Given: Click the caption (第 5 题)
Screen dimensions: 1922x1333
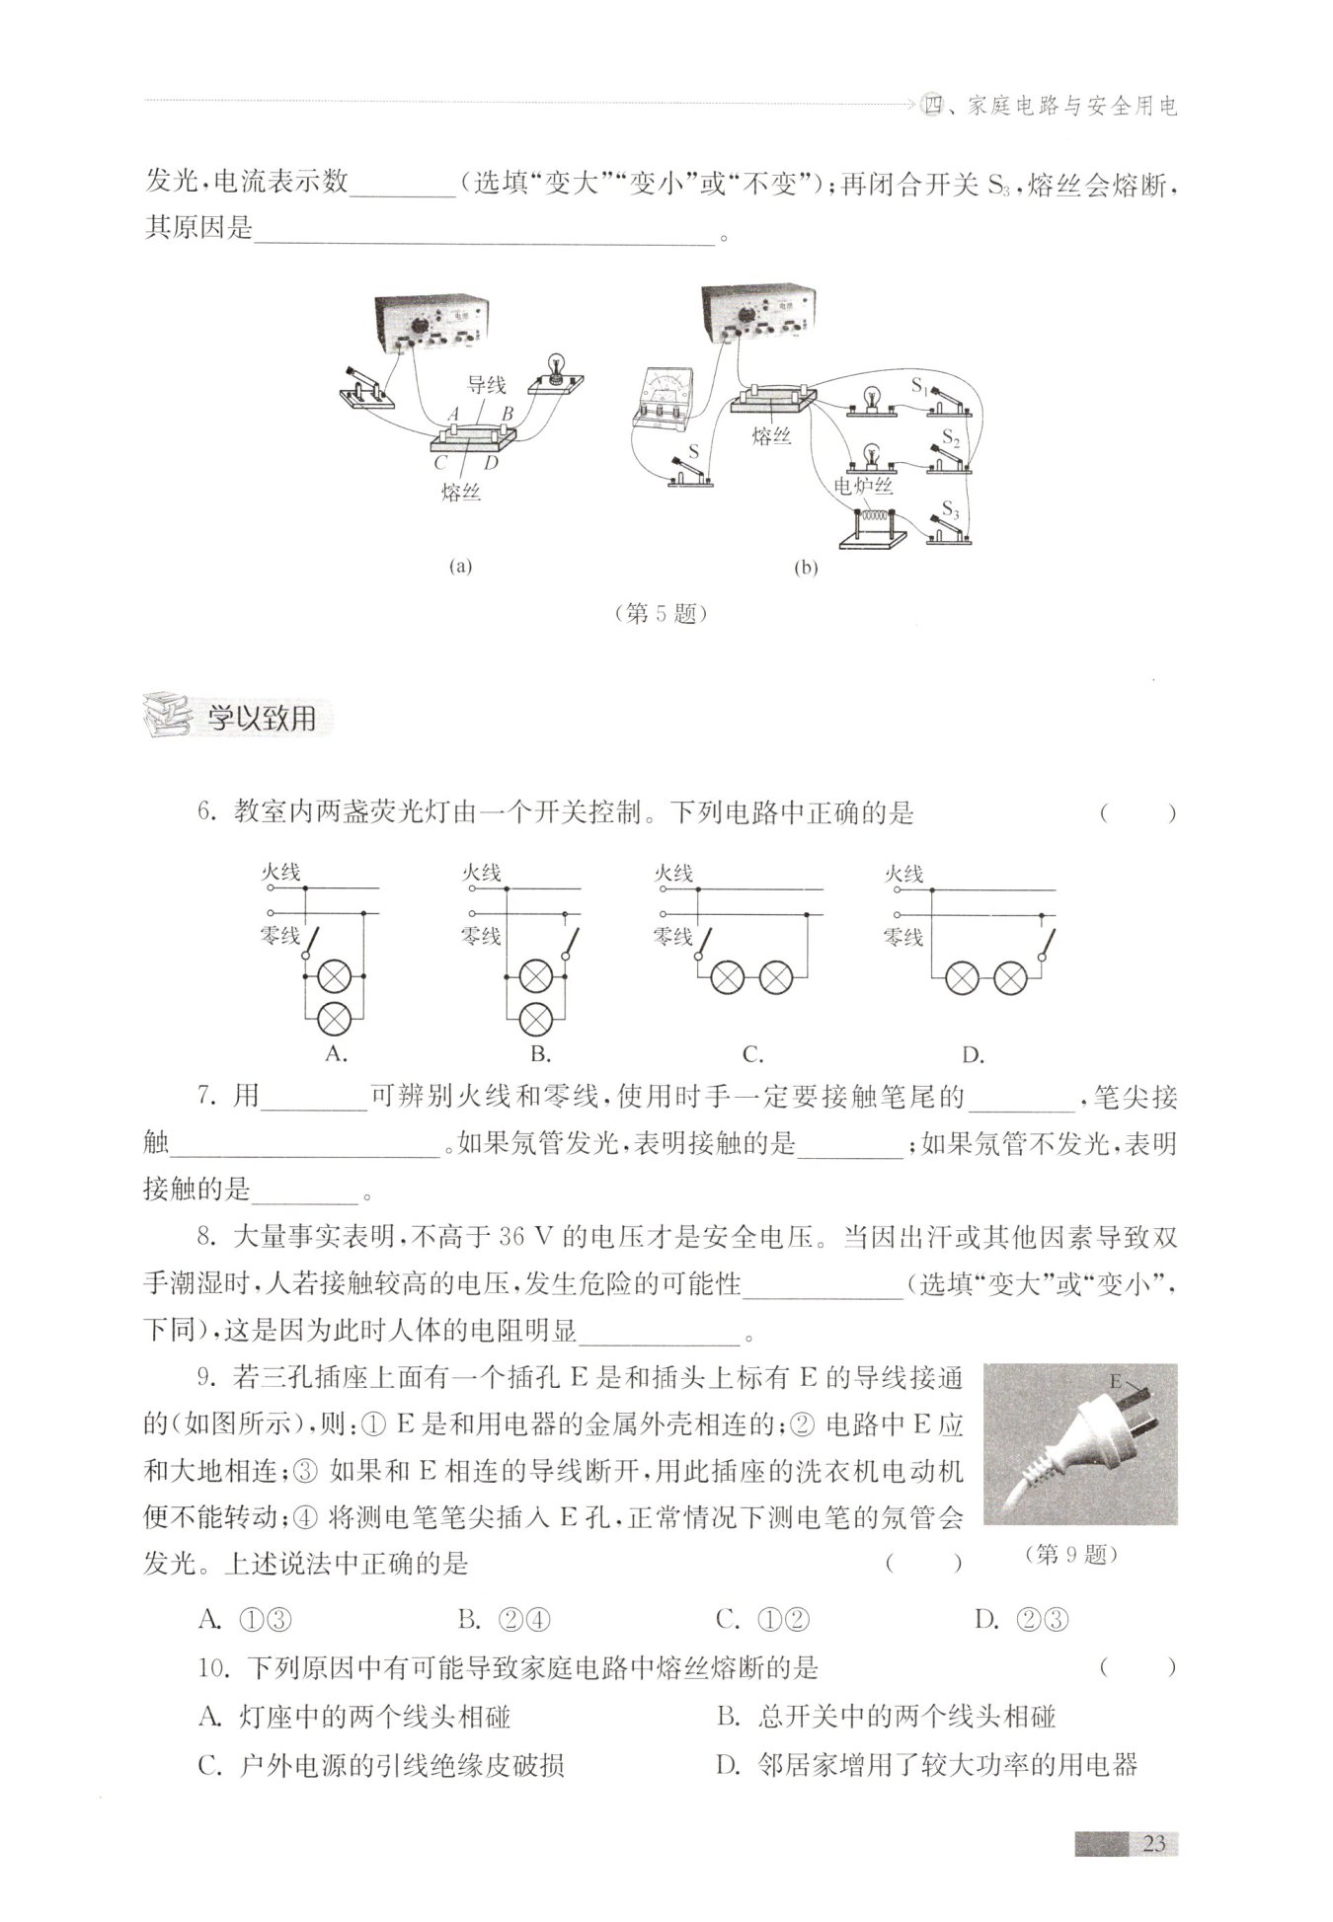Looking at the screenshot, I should tap(661, 613).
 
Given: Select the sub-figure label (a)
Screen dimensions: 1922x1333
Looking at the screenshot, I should tap(460, 567).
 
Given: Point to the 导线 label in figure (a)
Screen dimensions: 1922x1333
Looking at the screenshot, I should tap(487, 386).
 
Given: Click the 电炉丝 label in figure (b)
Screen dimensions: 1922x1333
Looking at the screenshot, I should tap(863, 486).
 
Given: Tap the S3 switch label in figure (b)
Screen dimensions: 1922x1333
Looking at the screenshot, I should tap(950, 509).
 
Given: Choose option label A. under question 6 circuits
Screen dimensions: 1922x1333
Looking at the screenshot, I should tap(336, 1054).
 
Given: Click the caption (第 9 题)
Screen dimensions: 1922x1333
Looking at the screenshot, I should tap(1071, 1554).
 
